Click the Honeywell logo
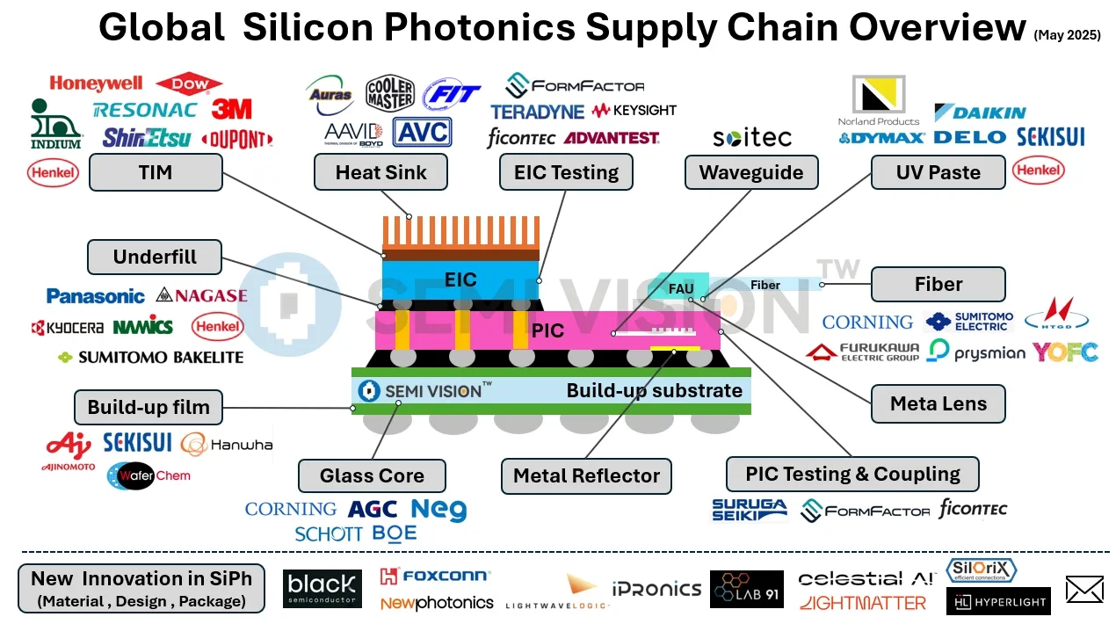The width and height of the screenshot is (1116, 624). pyautogui.click(x=96, y=83)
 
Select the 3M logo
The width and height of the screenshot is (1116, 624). pyautogui.click(x=231, y=109)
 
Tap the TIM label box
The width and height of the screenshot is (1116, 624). pyautogui.click(x=156, y=173)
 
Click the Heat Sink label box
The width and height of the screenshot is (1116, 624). pyautogui.click(x=380, y=172)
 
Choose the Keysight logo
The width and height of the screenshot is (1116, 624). pyautogui.click(x=634, y=111)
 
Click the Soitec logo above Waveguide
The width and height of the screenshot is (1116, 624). pyautogui.click(x=752, y=137)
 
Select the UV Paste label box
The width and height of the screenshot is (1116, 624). pyautogui.click(x=938, y=172)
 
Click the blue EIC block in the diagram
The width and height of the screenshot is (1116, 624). pyautogui.click(x=460, y=279)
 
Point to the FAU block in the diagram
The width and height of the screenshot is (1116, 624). pyautogui.click(x=680, y=288)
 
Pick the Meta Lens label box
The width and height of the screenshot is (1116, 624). pyautogui.click(x=938, y=403)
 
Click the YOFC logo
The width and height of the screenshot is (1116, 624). pyautogui.click(x=1065, y=352)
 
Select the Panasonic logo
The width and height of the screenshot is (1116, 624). pyautogui.click(x=96, y=296)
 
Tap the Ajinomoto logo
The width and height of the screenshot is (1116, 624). pyautogui.click(x=68, y=450)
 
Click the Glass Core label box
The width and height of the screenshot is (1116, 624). pyautogui.click(x=372, y=475)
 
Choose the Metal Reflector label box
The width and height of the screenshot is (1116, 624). pyautogui.click(x=586, y=475)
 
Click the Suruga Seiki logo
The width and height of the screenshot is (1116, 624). pyautogui.click(x=750, y=510)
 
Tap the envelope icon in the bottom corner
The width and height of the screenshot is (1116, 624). pyautogui.click(x=1083, y=589)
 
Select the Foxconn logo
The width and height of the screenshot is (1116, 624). pyautogui.click(x=435, y=577)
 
